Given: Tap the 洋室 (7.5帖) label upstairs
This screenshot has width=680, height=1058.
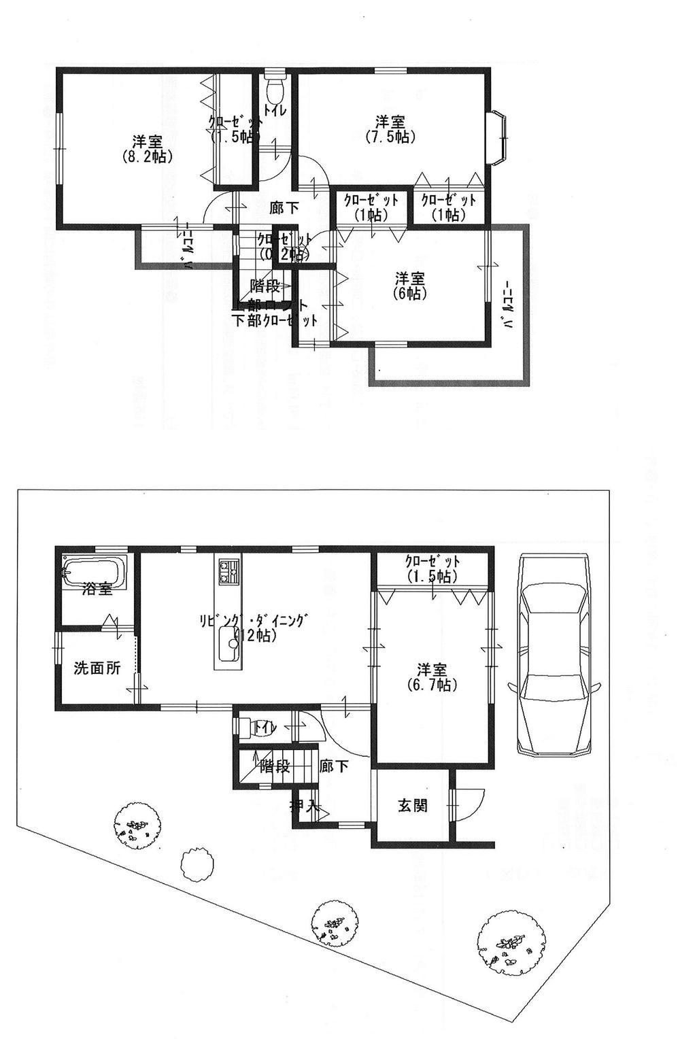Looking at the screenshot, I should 391,129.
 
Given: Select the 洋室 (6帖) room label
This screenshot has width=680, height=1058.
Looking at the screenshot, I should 410,286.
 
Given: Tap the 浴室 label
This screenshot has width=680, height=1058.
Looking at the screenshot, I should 97,589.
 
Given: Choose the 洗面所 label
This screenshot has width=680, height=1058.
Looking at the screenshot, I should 97,668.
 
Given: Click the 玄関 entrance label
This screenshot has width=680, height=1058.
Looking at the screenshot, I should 412,807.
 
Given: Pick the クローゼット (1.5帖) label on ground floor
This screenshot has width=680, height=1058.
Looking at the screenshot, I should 432,568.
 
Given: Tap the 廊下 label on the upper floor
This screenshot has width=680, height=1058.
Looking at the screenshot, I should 284,208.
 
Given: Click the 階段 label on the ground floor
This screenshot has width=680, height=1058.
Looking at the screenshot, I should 275,768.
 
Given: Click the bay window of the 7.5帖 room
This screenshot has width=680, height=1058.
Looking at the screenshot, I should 498,138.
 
